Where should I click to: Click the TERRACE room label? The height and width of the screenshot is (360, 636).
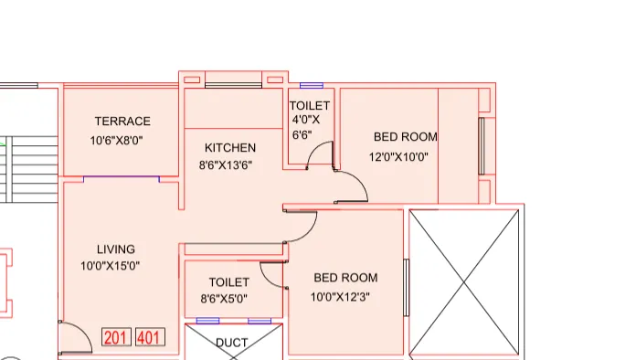pos(122,122)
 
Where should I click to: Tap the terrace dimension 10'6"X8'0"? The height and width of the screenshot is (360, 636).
pos(117,141)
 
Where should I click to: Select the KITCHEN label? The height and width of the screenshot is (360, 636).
pos(229,148)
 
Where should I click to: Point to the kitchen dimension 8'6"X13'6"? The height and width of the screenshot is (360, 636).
pos(226,165)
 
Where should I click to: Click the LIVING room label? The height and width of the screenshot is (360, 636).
pos(116,249)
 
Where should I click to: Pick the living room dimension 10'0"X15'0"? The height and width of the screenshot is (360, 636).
pos(110,267)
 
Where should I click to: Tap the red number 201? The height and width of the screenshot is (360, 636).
pos(116,338)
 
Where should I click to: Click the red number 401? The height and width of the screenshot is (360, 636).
pos(150,338)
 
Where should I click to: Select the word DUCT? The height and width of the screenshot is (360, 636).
pos(232,344)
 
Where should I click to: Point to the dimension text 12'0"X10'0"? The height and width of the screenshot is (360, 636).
pos(398,156)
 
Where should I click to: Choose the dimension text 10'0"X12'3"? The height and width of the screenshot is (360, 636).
pos(341,296)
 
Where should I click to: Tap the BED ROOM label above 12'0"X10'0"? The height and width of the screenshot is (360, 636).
pos(405,137)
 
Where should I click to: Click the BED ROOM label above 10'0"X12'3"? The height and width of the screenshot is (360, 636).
pos(345,278)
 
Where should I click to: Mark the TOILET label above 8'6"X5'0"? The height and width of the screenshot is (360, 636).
pos(228,282)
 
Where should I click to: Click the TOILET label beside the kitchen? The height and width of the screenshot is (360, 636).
pos(310,106)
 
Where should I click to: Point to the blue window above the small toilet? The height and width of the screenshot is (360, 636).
pos(312,85)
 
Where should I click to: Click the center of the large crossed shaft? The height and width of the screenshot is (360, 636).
pos(465,282)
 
